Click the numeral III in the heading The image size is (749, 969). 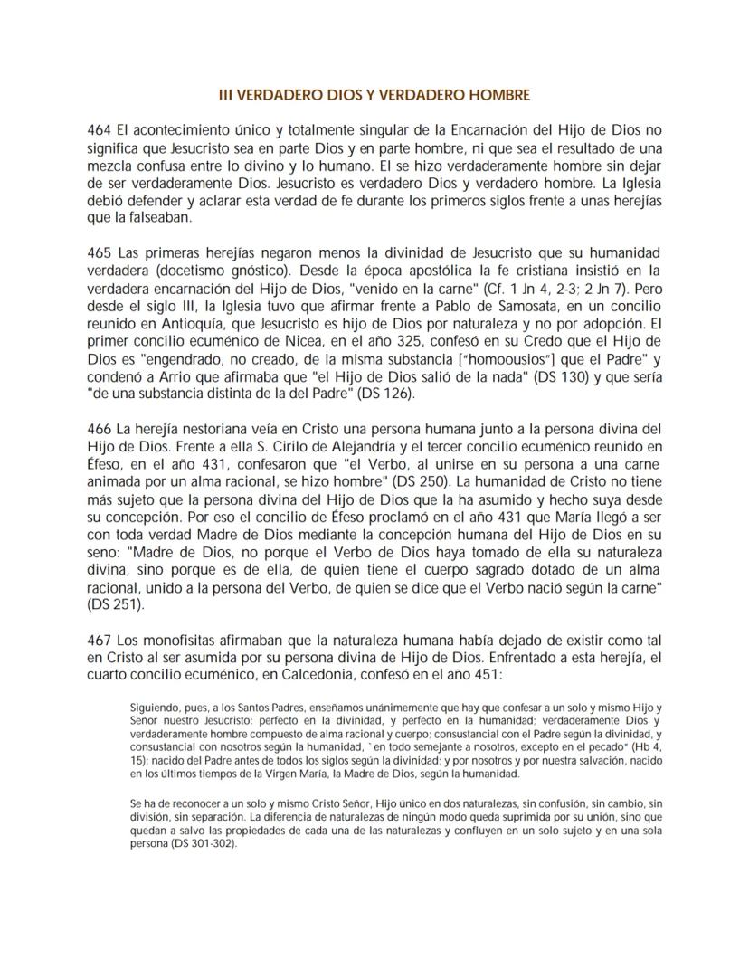[x=228, y=94]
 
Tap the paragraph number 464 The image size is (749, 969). [x=97, y=130]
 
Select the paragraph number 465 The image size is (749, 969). [x=97, y=251]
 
